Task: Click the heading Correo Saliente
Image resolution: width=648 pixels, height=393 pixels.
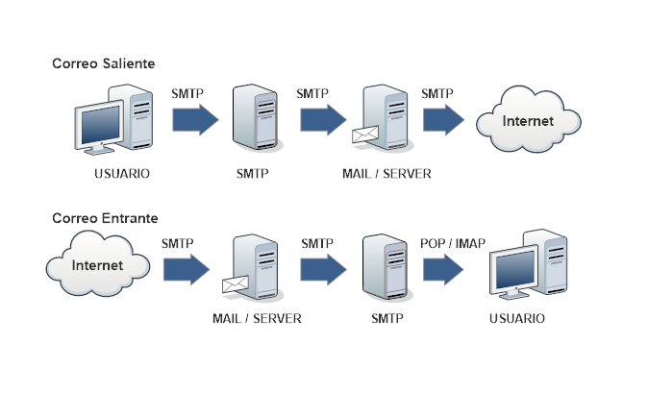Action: click(103, 63)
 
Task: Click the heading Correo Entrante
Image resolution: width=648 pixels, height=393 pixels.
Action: click(105, 219)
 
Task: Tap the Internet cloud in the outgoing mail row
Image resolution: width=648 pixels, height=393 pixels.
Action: click(528, 122)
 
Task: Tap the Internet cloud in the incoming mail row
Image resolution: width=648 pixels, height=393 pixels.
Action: click(99, 264)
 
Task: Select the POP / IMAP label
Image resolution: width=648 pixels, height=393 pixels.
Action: click(454, 244)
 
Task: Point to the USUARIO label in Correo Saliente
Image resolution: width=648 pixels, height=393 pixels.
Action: click(122, 175)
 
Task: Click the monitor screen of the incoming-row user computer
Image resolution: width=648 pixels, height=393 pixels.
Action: click(513, 269)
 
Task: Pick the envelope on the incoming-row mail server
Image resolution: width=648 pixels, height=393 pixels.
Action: click(236, 284)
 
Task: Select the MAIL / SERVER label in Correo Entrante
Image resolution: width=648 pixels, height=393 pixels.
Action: click(257, 318)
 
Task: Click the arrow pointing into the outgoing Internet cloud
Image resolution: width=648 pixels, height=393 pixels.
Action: click(443, 119)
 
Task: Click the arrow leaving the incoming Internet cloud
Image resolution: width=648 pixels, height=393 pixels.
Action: click(186, 268)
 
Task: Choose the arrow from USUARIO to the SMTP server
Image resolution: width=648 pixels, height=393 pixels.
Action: click(194, 119)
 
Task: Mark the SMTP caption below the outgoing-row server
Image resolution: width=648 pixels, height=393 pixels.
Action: click(252, 175)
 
